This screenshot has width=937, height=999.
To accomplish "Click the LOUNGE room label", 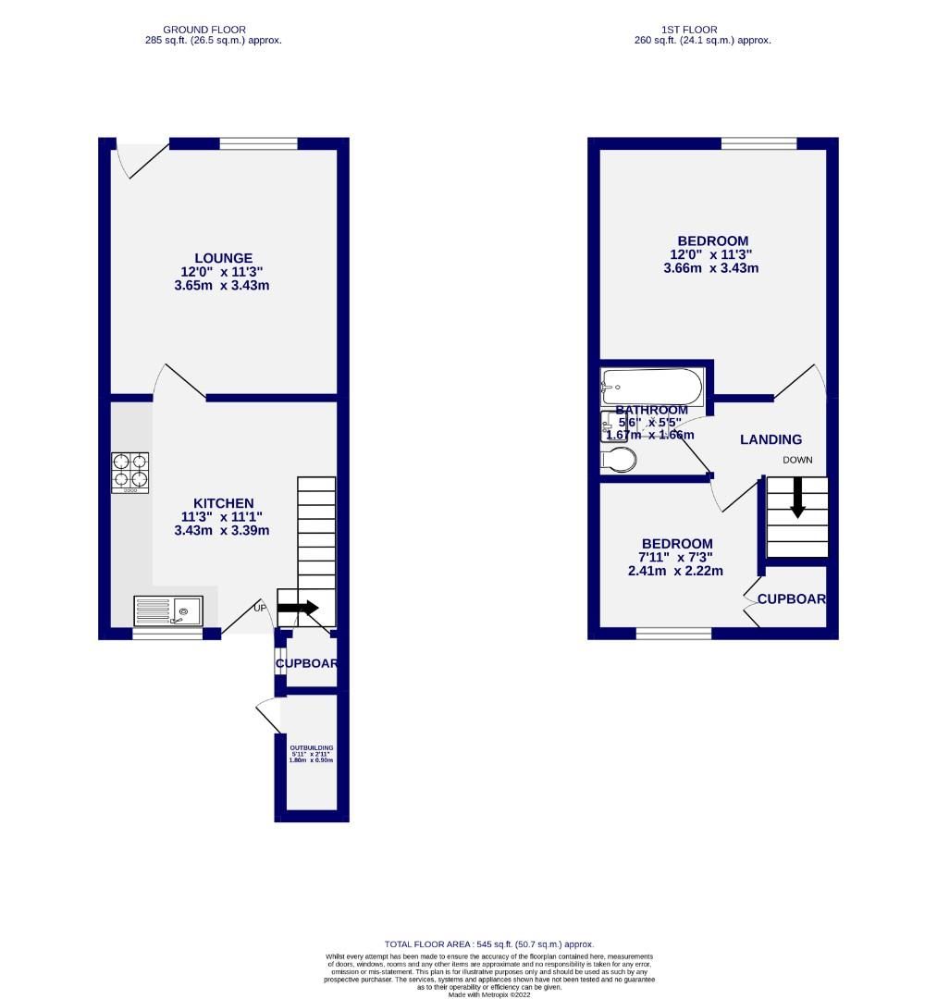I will pos(223,258).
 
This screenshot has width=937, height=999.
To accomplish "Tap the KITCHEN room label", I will pos(223,503).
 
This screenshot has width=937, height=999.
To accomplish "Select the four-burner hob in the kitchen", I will pos(130,471).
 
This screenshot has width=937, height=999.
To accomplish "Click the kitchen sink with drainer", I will pos(167,611).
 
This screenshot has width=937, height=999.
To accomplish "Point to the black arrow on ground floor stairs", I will pos(298,608).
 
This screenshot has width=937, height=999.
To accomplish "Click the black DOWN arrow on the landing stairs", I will pos(796,499).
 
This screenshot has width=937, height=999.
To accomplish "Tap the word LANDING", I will pos(771,439).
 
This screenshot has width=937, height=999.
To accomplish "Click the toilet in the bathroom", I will pos(618,460).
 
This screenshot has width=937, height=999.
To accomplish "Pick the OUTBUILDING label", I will pos(311,747).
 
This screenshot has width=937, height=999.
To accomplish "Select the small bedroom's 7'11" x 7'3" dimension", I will pos(677,557).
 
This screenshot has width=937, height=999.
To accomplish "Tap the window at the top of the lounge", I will pos(258,143).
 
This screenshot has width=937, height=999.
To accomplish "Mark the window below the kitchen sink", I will pos(167,635).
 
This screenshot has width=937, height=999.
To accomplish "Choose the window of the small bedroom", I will pos(673,634).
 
